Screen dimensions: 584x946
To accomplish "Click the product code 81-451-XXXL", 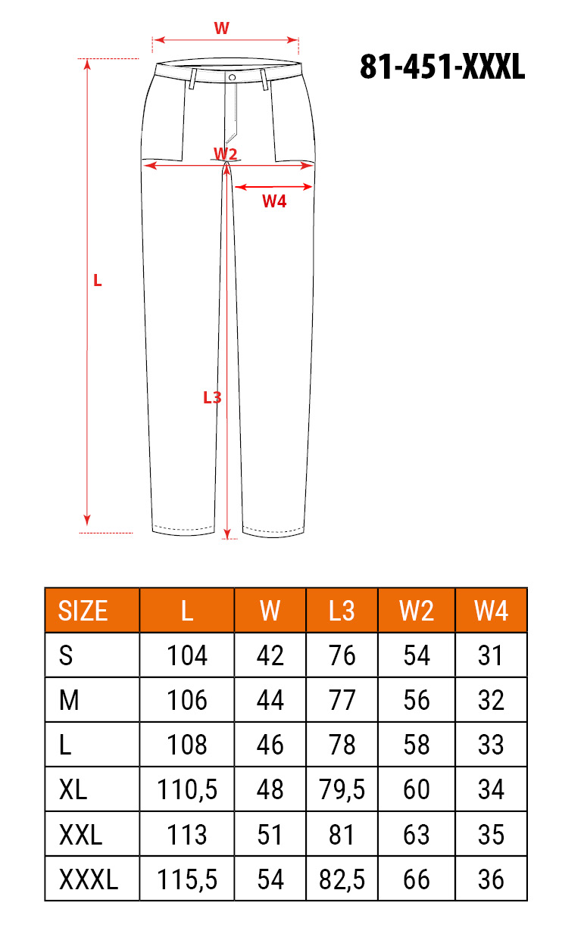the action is [x=442, y=67].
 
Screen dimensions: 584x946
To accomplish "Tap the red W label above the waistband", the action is [x=222, y=28].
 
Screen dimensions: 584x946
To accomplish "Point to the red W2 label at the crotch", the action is [x=225, y=154].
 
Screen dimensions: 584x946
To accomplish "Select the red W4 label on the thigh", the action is [x=274, y=201].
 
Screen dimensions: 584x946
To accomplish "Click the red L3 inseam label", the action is [x=212, y=397].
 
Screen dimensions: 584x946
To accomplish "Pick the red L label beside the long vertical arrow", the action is [x=98, y=281].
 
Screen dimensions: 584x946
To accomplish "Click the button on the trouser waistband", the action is [x=232, y=77].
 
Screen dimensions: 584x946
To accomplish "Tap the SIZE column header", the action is [x=83, y=611].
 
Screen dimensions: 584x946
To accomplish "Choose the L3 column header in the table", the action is [x=342, y=611].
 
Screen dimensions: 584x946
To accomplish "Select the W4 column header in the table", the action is [x=491, y=611].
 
